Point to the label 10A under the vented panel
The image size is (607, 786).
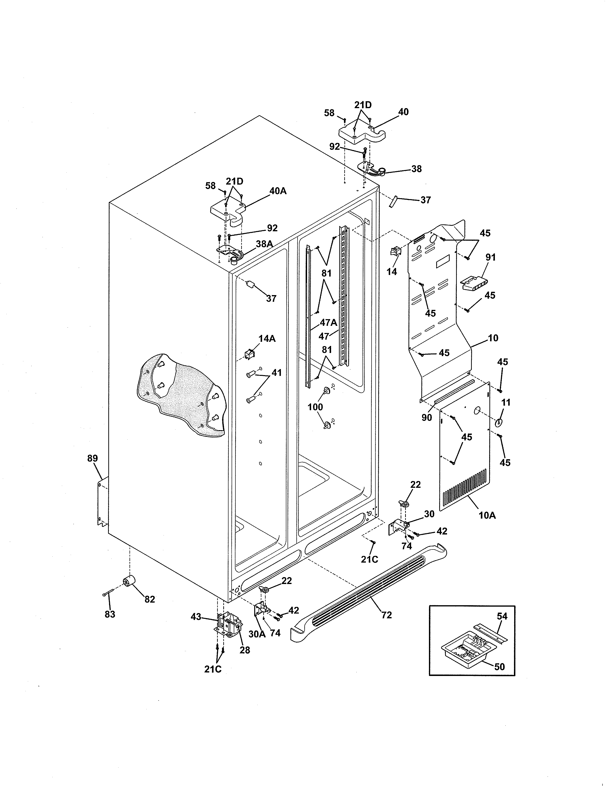487,515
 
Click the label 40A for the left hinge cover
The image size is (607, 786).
278,191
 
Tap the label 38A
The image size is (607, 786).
264,244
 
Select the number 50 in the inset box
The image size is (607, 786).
499,666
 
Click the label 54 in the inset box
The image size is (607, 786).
502,616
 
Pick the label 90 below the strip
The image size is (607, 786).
427,418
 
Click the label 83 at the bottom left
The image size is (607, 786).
110,614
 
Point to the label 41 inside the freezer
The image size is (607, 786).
276,373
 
